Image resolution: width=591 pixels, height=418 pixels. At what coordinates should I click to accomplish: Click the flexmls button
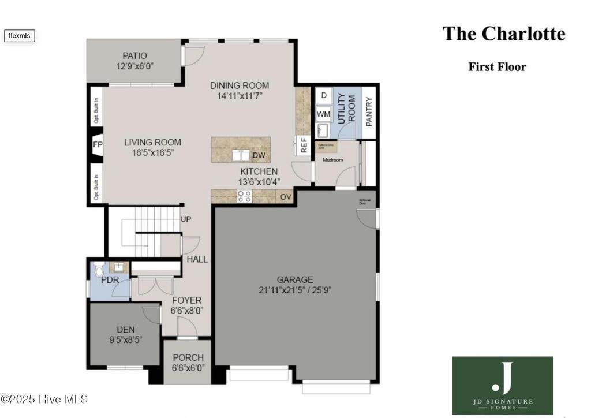20,36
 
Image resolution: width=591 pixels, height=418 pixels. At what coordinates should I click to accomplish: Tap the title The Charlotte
503,33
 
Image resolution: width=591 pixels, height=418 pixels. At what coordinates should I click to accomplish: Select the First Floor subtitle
497,66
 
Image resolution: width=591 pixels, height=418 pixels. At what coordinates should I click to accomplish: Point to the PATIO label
134,55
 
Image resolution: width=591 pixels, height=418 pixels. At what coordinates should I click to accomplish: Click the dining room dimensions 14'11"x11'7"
239,96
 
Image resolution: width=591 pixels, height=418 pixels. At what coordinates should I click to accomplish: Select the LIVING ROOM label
153,142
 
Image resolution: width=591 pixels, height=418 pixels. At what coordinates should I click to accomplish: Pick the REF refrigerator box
302,145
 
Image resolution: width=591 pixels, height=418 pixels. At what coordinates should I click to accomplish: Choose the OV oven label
285,197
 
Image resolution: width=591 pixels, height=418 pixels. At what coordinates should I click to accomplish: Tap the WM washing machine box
323,114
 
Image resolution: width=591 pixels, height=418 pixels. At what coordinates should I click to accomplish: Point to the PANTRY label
369,112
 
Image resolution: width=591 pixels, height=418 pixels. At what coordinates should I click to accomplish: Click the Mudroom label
333,160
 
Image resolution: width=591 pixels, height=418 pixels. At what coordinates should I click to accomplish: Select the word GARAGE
294,279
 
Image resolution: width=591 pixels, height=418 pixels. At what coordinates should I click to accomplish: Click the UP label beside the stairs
186,219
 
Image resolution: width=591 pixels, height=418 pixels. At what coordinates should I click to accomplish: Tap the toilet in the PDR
99,269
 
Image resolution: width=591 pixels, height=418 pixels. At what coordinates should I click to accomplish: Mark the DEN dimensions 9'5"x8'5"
125,340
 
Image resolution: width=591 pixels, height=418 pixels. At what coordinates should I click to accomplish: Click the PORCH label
188,357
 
